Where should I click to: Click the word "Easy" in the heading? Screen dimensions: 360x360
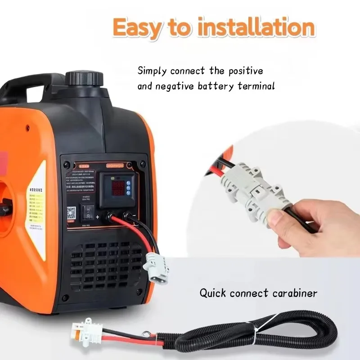tap(137, 28)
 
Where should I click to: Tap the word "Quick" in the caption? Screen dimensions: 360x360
tap(213, 293)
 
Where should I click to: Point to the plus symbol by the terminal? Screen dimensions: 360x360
tap(97, 217)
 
